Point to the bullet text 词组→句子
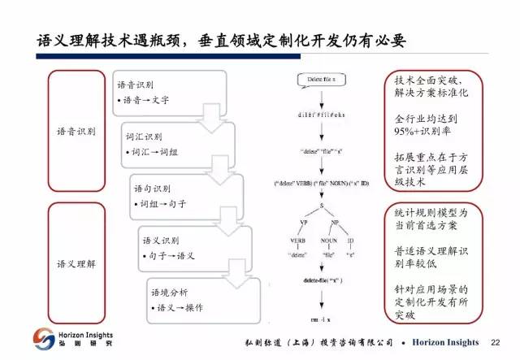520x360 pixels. point(162,202)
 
